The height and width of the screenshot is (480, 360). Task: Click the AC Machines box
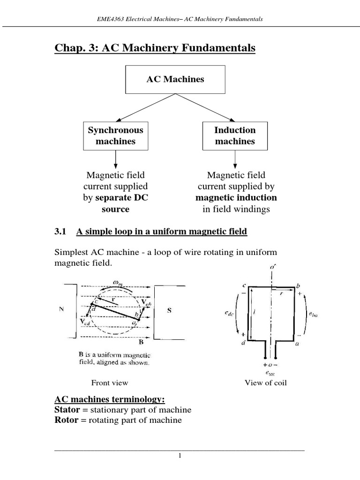point(175,79)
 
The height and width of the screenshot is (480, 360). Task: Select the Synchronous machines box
point(115,136)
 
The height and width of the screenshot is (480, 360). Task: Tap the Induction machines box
point(235,136)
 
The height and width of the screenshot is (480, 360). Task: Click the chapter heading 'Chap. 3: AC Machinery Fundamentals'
point(155,48)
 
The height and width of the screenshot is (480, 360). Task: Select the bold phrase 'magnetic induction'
point(236,197)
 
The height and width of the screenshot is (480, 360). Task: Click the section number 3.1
point(61,232)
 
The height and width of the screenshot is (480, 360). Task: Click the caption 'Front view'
point(110,383)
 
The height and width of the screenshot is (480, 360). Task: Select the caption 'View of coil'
point(266,383)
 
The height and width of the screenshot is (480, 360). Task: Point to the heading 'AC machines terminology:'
point(110,399)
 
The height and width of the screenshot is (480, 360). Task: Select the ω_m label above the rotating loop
point(119,281)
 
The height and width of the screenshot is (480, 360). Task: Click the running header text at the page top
point(180,19)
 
